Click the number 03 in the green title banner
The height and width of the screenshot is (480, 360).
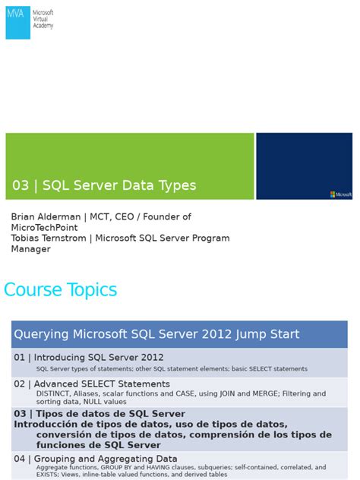pyautogui.click(x=21, y=185)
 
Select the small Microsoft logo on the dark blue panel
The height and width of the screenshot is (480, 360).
pyautogui.click(x=340, y=194)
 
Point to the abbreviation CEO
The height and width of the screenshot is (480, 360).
pyautogui.click(x=125, y=216)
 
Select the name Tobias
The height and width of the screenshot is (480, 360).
pyautogui.click(x=27, y=238)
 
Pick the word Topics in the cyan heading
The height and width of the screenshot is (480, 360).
pyautogui.click(x=93, y=289)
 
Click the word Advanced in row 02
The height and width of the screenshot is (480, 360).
pyautogui.click(x=61, y=384)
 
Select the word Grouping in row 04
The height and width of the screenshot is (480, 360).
pyautogui.click(x=57, y=459)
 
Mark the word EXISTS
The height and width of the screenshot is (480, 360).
pyautogui.click(x=49, y=475)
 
